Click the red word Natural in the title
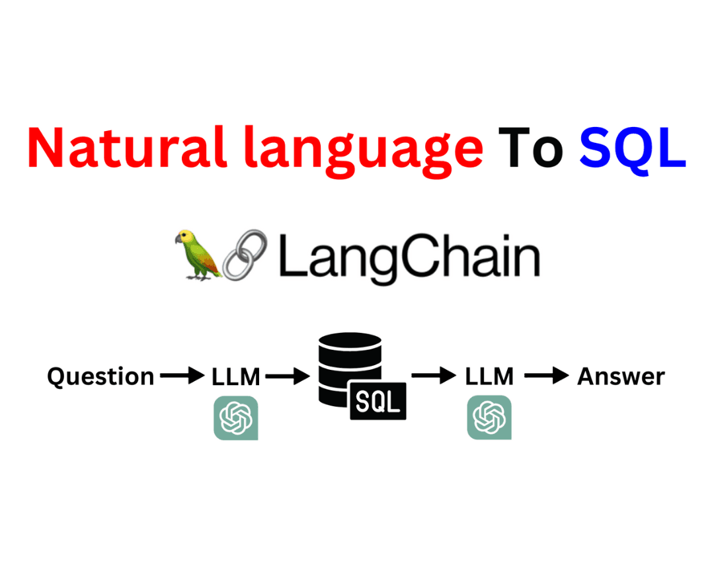[x=127, y=148]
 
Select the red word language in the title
[x=364, y=151]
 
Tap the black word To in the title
[x=531, y=148]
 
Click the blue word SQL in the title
[x=633, y=150]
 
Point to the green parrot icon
[x=198, y=255]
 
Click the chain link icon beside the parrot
[x=245, y=254]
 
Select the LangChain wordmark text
[x=409, y=257]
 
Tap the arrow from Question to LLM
[x=182, y=376]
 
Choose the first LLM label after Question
[x=236, y=377]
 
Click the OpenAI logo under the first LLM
[x=236, y=418]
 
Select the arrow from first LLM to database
[x=288, y=376]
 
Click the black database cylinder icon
[x=350, y=369]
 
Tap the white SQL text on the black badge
[x=377, y=402]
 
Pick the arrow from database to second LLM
[x=434, y=376]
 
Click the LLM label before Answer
[x=489, y=377]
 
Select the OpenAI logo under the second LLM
[x=489, y=417]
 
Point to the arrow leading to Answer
[x=547, y=376]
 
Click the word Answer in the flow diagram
[x=621, y=377]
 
